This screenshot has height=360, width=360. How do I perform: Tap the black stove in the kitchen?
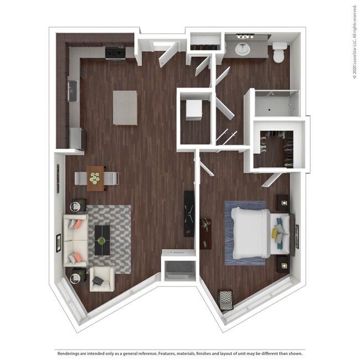click(x=115, y=53)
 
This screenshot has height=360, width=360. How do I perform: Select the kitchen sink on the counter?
click(x=73, y=91)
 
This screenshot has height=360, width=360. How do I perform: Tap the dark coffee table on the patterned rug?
click(x=101, y=240)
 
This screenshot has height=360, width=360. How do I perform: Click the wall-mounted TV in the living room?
click(x=189, y=210)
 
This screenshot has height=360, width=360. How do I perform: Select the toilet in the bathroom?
click(x=279, y=53)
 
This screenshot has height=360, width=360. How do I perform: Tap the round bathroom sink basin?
click(x=243, y=49)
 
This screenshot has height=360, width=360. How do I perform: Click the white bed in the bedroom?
click(x=253, y=232)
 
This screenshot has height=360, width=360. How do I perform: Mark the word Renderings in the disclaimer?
click(x=70, y=352)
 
